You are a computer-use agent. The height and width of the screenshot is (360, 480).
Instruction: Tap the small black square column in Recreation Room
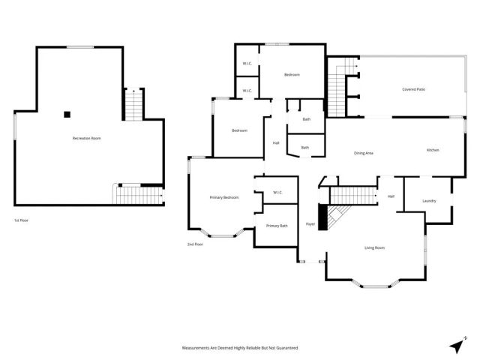(67, 115)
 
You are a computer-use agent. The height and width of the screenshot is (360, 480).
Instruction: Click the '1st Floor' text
(22, 220)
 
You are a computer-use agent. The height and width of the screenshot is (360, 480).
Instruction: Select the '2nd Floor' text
(195, 244)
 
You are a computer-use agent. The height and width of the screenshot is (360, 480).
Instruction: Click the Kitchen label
(433, 150)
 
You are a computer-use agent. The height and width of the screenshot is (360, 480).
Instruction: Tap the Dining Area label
(364, 153)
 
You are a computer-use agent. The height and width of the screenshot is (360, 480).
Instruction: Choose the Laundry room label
(429, 200)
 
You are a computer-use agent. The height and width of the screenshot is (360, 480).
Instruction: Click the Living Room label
(374, 247)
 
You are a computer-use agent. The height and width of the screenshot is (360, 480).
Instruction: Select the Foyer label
(310, 224)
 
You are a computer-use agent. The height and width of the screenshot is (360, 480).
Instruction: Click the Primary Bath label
(277, 226)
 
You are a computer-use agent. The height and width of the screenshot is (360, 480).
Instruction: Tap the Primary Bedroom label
(223, 197)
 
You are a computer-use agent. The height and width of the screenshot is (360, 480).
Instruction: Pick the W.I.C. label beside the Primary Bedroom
(277, 192)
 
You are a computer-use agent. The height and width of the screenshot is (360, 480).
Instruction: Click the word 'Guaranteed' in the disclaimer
(284, 348)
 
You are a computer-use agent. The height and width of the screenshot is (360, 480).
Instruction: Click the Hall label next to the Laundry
(391, 196)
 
